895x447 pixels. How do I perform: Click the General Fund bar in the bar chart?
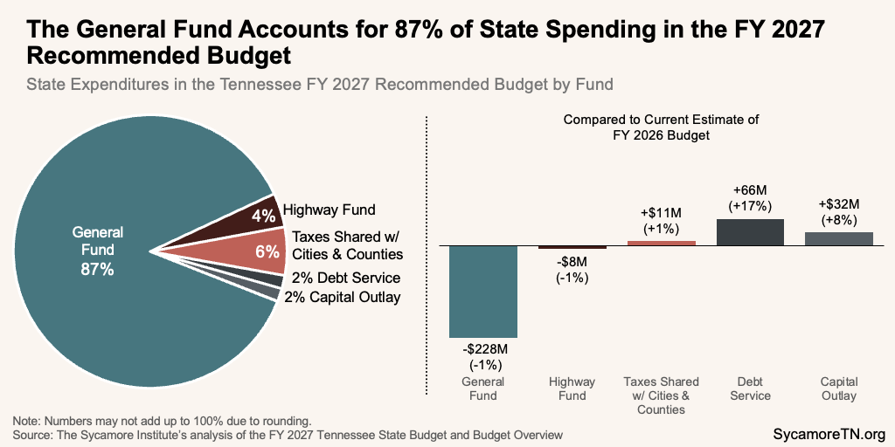click(483, 292)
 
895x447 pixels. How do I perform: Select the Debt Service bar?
click(750, 232)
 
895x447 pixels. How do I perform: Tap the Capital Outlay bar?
click(839, 238)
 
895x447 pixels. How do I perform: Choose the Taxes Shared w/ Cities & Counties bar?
click(662, 243)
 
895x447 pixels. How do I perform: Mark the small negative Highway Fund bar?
click(572, 247)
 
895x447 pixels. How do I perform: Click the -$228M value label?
click(483, 356)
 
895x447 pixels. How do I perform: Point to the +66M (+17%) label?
click(750, 197)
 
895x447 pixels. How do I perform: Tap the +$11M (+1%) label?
click(662, 221)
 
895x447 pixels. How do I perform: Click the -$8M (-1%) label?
click(572, 271)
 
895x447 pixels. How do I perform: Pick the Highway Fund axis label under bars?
click(572, 389)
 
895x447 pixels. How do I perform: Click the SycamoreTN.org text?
click(830, 434)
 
